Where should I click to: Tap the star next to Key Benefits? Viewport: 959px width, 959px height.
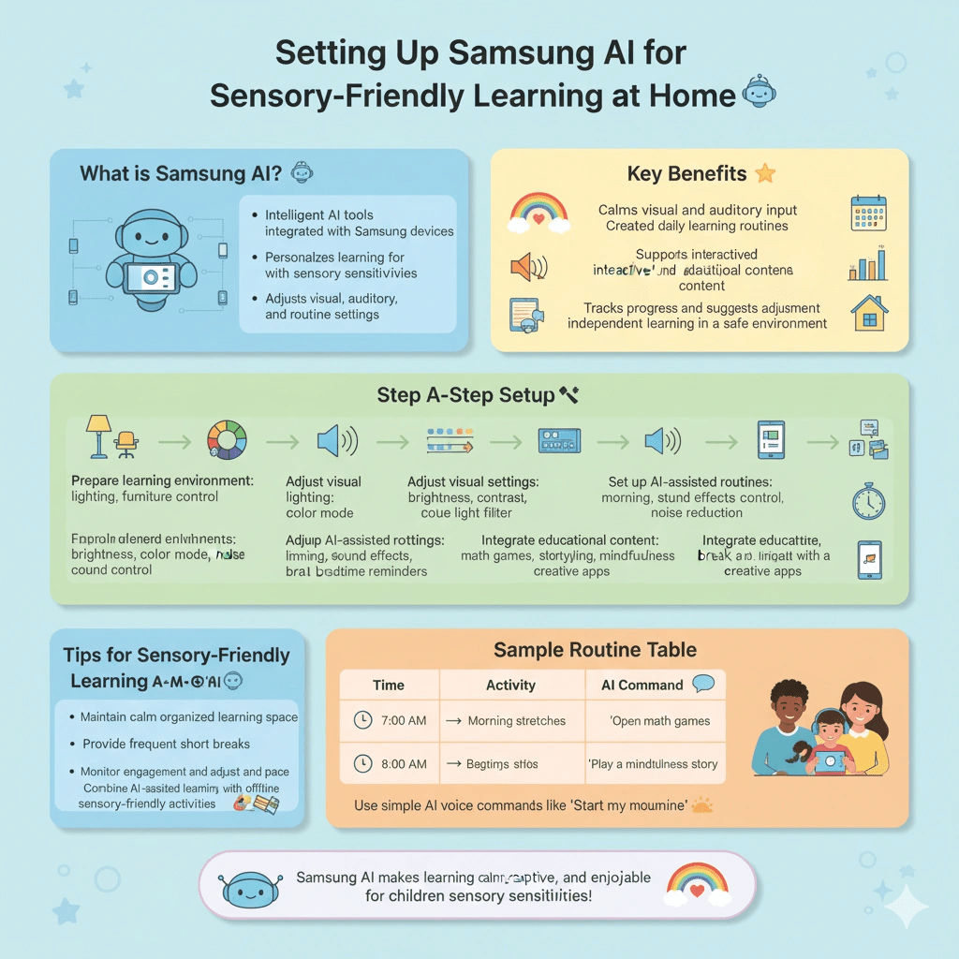[x=765, y=173]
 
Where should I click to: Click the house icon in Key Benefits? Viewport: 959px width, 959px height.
[x=869, y=313]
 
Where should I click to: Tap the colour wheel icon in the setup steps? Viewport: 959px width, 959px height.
[x=227, y=439]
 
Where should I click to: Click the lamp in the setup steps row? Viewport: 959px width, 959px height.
[x=97, y=435]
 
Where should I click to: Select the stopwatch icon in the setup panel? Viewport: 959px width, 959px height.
[x=868, y=501]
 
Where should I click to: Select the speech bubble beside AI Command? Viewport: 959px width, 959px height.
[x=703, y=684]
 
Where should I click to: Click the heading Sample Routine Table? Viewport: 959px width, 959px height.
[x=595, y=650]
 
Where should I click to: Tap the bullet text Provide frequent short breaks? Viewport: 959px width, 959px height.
[x=166, y=744]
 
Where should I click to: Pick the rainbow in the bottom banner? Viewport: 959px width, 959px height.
[x=698, y=882]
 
